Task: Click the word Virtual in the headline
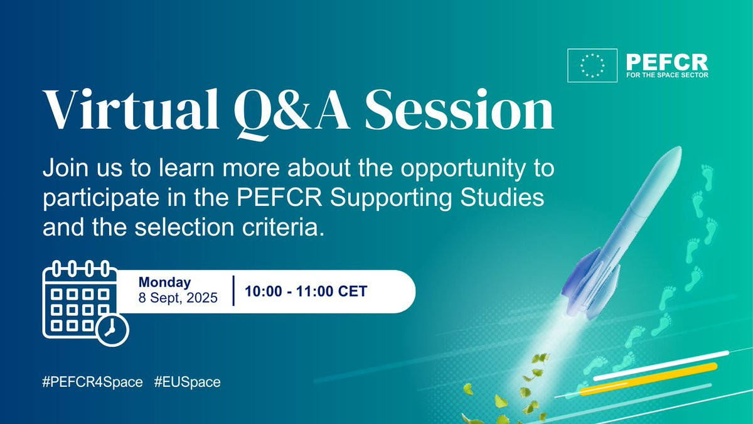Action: coord(131,109)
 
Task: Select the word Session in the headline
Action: coord(459,109)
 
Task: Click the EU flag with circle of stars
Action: coord(592,65)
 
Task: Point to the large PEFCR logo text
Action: coord(667,63)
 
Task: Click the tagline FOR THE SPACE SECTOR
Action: coord(667,75)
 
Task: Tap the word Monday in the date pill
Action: coord(164,283)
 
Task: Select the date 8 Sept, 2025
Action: coord(178,298)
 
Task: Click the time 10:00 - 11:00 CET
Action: coord(306,291)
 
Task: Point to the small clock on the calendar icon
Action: coord(112,330)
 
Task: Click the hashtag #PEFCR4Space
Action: coord(92,383)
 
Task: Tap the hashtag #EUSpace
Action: coord(187,383)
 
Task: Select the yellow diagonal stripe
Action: coord(648,379)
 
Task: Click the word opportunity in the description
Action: coord(462,169)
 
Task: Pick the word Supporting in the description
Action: coord(391,198)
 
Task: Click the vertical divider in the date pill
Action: coord(233,291)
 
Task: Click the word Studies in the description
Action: coord(502,197)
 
